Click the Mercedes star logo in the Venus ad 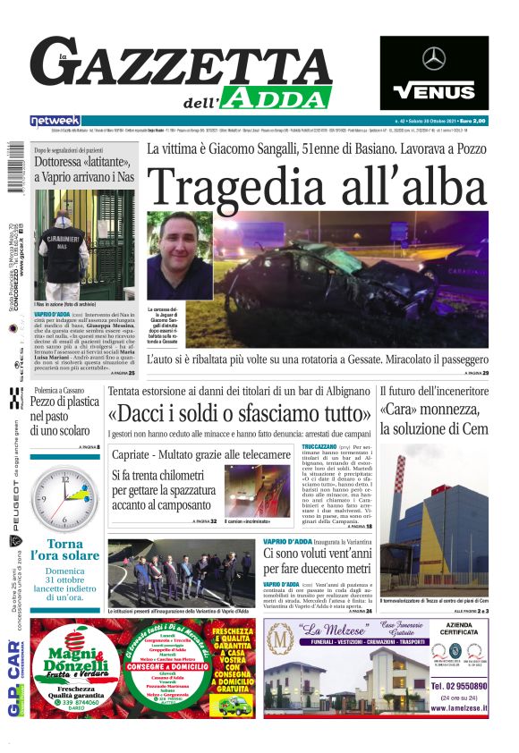[x=434, y=60]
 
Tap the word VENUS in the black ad [x=434, y=91]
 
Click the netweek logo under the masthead [x=55, y=121]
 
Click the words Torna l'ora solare [x=64, y=550]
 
